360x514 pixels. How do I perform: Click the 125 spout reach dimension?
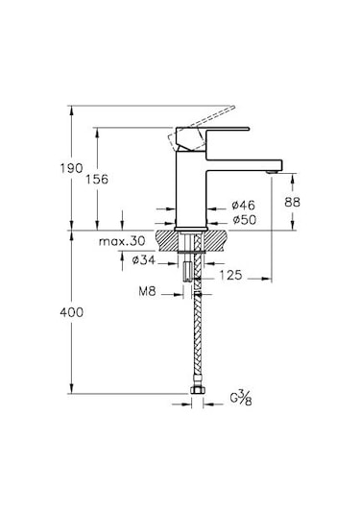pyautogui.click(x=228, y=276)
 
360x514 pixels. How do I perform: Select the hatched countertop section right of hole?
pyautogui.click(x=219, y=238)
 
